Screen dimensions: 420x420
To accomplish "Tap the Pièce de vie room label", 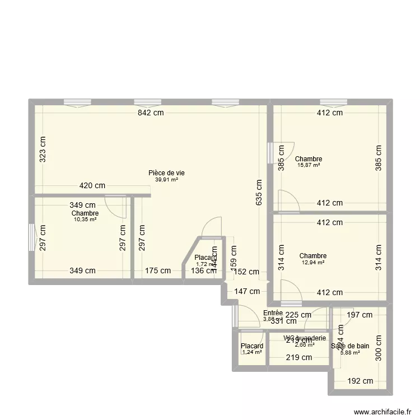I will tap(166, 173).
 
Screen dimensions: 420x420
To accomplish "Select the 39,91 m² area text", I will tap(166, 180).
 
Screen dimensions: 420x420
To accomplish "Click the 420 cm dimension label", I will tap(92, 186).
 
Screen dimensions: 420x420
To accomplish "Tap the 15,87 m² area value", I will tap(309, 165).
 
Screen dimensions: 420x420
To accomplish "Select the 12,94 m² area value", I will tap(312, 262).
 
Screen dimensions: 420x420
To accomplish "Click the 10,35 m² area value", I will tap(85, 220).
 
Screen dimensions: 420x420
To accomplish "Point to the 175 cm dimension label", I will tap(157, 271).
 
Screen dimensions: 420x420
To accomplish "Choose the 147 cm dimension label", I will tap(246, 291).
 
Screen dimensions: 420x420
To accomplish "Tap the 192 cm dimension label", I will tap(361, 381).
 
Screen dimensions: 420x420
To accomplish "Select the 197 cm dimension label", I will tap(358, 315).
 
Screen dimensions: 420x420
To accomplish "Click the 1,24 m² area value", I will tap(252, 353).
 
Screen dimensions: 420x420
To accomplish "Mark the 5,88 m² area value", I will tap(351, 352).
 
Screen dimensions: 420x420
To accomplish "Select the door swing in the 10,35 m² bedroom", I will tap(115, 206).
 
